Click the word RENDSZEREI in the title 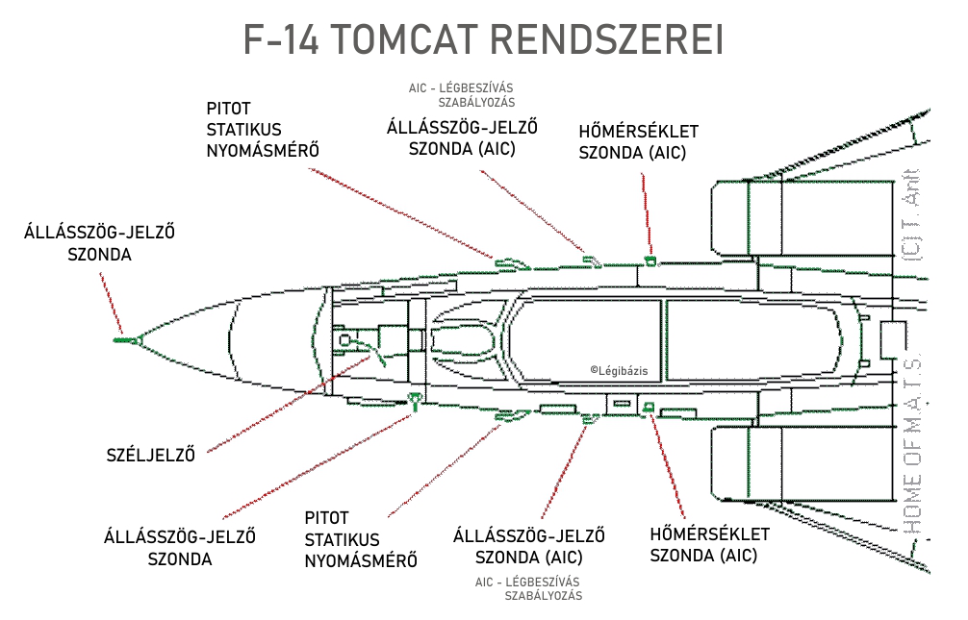pos(605,39)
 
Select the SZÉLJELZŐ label pos(150,456)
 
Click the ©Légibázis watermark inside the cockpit pos(621,370)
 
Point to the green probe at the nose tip pos(122,339)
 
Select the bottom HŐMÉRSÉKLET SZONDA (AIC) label pos(710,544)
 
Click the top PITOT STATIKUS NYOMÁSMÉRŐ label pos(263,129)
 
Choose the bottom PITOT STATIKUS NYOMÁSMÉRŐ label pos(361,539)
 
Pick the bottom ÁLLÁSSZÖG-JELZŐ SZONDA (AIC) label pos(528,547)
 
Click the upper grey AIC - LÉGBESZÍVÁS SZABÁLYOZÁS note pos(462,94)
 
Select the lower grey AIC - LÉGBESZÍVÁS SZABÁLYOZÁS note pos(528,588)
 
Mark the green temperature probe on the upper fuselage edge pos(650,260)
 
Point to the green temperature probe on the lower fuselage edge pos(649,407)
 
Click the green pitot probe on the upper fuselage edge pos(507,260)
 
